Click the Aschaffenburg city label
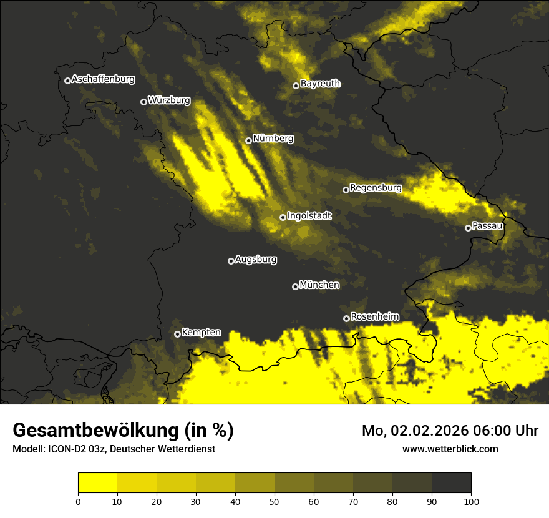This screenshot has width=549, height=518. point(103,79)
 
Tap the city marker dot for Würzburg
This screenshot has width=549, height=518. point(143,102)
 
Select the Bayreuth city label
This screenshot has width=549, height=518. point(320,84)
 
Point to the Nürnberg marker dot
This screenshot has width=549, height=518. point(248,140)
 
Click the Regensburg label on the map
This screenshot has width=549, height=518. point(376,187)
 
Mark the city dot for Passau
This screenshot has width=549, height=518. point(468,228)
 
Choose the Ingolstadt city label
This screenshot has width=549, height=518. point(309,216)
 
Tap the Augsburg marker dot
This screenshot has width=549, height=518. point(231,261)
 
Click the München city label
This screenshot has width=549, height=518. point(319,285)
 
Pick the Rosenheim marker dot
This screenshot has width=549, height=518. point(346,318)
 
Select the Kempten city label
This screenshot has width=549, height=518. point(201,333)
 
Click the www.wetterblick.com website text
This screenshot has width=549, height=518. point(450,449)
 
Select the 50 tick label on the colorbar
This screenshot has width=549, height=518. point(274,501)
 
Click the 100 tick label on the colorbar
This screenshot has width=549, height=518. point(470,501)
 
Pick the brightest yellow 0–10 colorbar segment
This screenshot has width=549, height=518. point(98,483)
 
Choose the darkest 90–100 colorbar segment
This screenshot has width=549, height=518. point(451,483)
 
